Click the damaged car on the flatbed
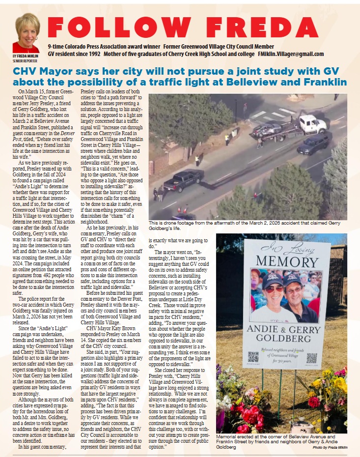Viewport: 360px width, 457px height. point(267,129)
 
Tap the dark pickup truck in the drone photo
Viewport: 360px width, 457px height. point(183,180)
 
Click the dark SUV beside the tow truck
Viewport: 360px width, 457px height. point(314,143)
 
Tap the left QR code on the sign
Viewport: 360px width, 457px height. point(253,357)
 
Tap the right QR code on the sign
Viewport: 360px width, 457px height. point(311,358)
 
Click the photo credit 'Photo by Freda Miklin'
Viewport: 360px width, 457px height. point(330,447)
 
